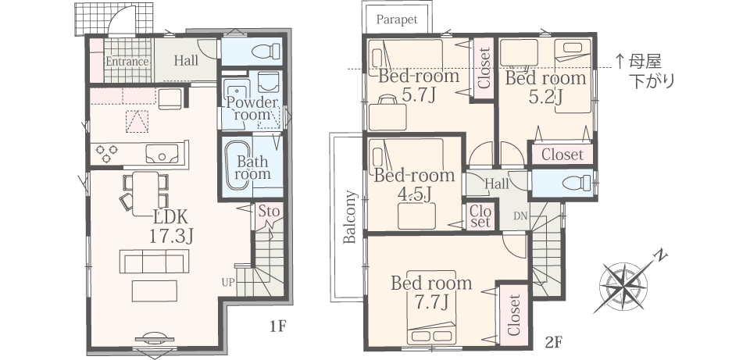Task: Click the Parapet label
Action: click(x=397, y=20)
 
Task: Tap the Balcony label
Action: click(x=351, y=217)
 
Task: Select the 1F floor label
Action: click(x=277, y=326)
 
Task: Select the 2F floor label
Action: click(x=553, y=342)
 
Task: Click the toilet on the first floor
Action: click(x=266, y=51)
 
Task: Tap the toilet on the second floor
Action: click(x=577, y=183)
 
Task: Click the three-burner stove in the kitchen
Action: click(x=107, y=154)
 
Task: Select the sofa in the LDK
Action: click(x=155, y=262)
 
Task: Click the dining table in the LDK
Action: click(x=145, y=194)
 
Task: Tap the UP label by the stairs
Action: click(x=228, y=283)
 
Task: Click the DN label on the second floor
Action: click(x=520, y=216)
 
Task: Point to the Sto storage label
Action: click(x=268, y=211)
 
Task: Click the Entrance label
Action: click(x=127, y=62)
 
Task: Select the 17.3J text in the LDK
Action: click(x=171, y=236)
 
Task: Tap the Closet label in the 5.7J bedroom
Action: click(x=484, y=68)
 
